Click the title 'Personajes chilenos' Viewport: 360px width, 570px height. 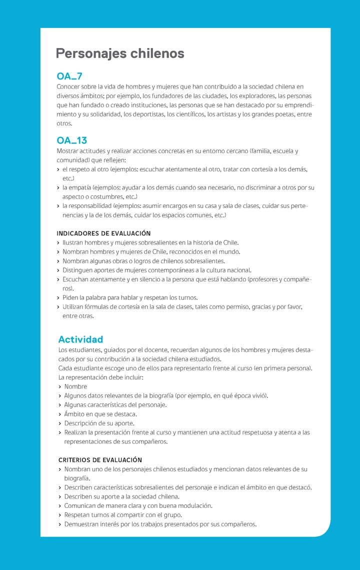(120, 53)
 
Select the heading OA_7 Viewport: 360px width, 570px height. (69, 76)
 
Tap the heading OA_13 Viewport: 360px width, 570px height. (72, 140)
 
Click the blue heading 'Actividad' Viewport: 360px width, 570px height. (80, 339)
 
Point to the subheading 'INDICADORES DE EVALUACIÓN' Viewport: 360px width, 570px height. (103, 233)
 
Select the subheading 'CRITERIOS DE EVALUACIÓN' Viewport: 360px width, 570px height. (100, 460)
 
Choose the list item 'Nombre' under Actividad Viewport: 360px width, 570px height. (75, 386)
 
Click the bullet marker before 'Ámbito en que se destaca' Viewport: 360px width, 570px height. (60, 414)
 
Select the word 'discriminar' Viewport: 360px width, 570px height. (252, 187)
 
